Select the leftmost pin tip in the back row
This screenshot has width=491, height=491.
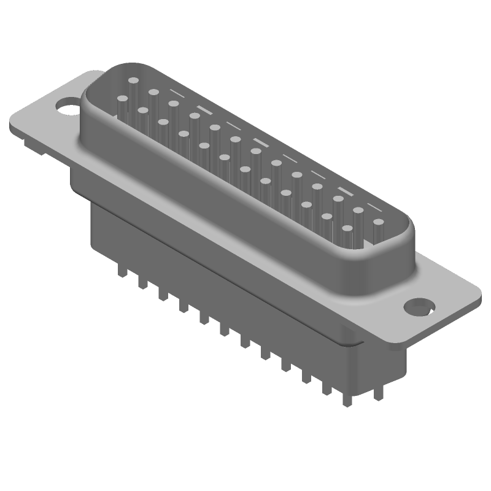134,80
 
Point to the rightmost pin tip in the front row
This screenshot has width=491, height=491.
347,228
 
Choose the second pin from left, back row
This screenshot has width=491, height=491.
154,93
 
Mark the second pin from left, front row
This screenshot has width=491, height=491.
143,110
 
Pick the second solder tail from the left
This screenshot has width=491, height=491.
142,283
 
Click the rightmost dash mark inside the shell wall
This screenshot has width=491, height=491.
374,203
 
